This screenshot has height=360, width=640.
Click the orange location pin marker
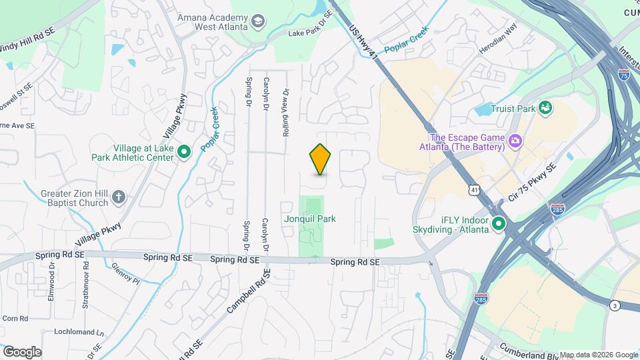coord(320,159)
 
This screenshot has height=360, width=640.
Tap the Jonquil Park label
coord(309,219)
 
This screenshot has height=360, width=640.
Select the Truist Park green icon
coord(545,108)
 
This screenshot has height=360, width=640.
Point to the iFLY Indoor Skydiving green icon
coord(498,225)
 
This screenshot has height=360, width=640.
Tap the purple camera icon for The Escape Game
coord(514,140)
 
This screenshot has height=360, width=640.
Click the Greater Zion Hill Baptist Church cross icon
coord(118,197)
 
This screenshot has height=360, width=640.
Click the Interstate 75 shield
coord(623,75)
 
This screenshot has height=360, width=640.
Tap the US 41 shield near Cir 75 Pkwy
coord(473,191)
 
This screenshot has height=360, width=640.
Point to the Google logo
coord(21,351)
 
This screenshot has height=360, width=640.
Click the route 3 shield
coord(614,305)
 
